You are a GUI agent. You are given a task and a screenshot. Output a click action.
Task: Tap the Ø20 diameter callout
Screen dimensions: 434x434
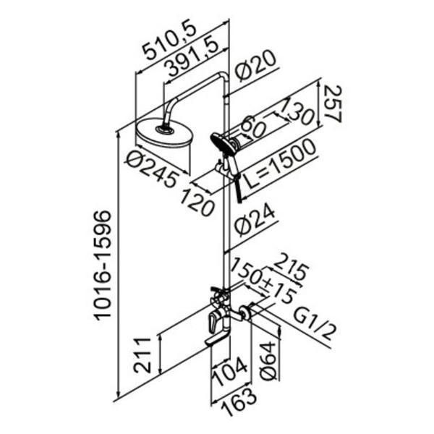point(255,66)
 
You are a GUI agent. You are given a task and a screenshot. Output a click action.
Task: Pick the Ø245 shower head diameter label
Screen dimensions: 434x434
point(152,169)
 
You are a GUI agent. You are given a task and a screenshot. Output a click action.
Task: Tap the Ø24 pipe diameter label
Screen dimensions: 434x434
point(255,221)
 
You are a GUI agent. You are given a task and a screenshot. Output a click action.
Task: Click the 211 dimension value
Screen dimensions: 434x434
point(142,355)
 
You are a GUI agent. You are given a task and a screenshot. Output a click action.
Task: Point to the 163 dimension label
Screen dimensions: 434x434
point(239,401)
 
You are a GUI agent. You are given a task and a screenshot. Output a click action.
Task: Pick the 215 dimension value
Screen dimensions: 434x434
point(290,269)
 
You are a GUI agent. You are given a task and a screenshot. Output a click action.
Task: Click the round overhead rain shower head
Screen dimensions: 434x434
point(163,133)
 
